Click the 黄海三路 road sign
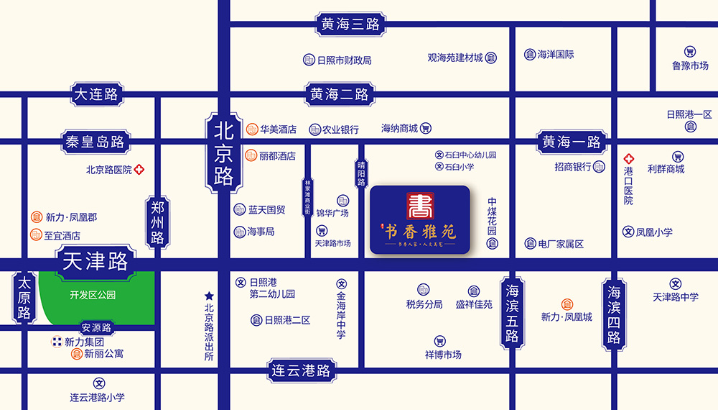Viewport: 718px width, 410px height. click(350, 24)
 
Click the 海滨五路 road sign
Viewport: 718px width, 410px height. click(512, 314)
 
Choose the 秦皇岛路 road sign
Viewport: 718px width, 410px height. click(94, 141)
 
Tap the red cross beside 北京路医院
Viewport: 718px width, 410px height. click(139, 170)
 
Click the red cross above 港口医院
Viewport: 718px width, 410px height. click(628, 158)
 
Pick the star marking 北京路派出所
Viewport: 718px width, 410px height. click(209, 296)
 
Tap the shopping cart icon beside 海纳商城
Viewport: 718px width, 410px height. click(426, 129)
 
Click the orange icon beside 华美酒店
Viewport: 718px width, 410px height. click(252, 129)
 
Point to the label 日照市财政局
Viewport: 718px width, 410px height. click(344, 60)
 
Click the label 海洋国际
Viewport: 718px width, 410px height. click(556, 54)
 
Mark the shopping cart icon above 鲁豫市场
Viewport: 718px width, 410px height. click(689, 52)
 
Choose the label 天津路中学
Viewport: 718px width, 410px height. click(675, 297)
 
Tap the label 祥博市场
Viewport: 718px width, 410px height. click(443, 355)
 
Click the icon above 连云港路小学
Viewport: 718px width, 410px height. click(99, 383)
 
